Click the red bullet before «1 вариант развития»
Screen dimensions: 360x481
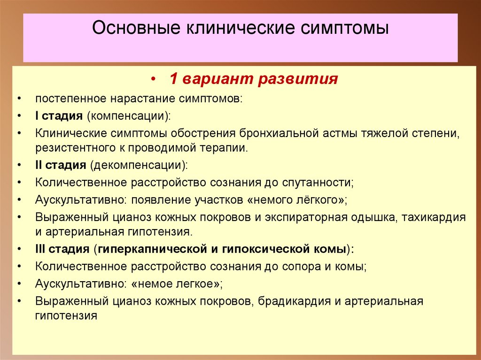tap(154, 79)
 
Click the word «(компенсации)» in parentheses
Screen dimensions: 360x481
tap(128, 116)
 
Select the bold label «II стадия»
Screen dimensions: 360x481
tap(60, 165)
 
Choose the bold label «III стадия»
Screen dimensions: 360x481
tap(62, 249)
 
